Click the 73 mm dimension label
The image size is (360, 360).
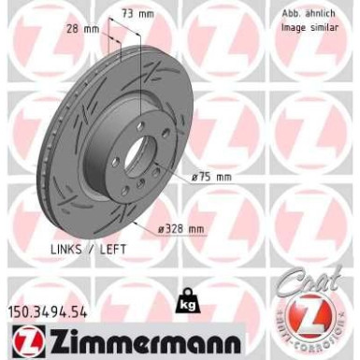(138, 15)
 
